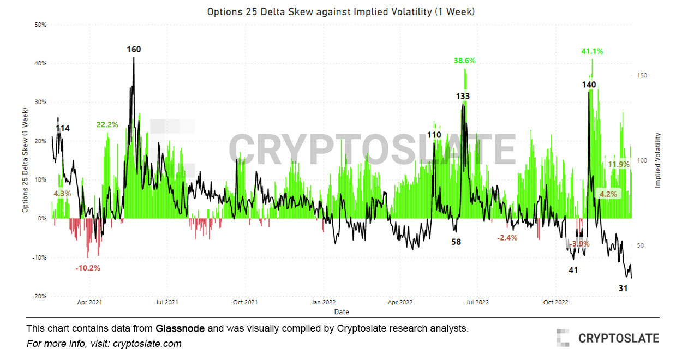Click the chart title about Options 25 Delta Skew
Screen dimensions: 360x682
click(341, 11)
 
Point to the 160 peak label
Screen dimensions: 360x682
click(134, 50)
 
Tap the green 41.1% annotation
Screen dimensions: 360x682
click(592, 51)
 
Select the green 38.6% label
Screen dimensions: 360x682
click(464, 61)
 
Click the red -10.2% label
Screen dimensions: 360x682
click(88, 268)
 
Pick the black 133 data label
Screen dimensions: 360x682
click(463, 96)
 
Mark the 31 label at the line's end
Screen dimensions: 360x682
click(623, 287)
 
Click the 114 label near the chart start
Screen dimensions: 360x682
click(63, 128)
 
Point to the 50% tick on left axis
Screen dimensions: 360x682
click(40, 25)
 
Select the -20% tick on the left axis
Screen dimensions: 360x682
click(39, 296)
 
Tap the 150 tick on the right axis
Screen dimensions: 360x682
click(643, 76)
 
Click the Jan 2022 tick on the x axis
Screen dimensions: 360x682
click(324, 302)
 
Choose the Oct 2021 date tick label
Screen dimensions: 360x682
click(245, 302)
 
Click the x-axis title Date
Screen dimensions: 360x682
click(342, 312)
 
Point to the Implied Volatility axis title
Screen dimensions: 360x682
click(657, 160)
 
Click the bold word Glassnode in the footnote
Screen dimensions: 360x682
click(180, 328)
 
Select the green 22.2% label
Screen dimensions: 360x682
click(107, 124)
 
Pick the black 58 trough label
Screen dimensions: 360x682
click(456, 242)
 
